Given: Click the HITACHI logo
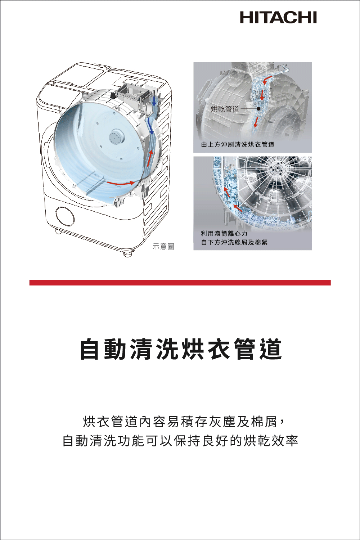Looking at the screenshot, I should click(x=278, y=18).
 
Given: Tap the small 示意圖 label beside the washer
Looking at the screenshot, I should click(x=163, y=246).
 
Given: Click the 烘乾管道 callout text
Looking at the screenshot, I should click(x=225, y=109).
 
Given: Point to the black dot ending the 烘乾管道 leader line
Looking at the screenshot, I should click(x=258, y=109).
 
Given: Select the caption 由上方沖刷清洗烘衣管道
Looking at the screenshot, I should click(x=238, y=144).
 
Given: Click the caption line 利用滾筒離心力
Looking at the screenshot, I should click(x=224, y=234).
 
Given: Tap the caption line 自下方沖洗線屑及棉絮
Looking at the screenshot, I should click(x=234, y=242).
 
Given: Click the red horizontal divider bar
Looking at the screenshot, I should click(x=180, y=283).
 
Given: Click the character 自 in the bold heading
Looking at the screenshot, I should click(x=90, y=349).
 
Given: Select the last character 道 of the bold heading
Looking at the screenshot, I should click(x=270, y=349).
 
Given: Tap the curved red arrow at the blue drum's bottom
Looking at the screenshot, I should click(x=121, y=183).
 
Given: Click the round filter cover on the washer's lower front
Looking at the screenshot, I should click(x=65, y=216).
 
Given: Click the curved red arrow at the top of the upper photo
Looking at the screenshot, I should click(x=267, y=80).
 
